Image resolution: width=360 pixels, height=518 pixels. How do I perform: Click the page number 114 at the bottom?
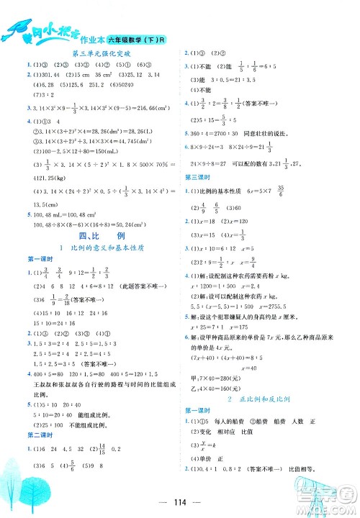pos(180,503)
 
